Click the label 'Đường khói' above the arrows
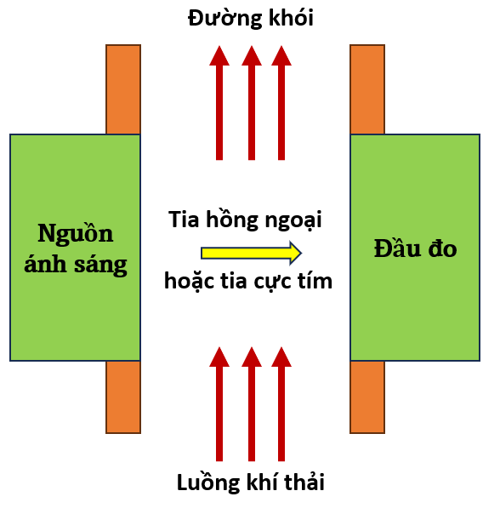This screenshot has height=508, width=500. click(250, 19)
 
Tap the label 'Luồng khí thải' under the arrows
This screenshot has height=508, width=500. click(251, 482)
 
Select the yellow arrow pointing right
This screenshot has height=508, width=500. click(252, 253)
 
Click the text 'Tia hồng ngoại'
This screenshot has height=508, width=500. click(245, 220)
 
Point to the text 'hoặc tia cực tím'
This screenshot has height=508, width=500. click(248, 280)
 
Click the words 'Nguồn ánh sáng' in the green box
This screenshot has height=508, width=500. click(76, 248)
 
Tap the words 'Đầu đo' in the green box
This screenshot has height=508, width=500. click(415, 248)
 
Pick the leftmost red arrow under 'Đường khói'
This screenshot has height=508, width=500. click(219, 103)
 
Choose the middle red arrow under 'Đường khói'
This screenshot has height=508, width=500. click(252, 103)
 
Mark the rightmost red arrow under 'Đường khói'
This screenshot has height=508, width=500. click(281, 103)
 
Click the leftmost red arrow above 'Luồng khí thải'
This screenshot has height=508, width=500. click(219, 404)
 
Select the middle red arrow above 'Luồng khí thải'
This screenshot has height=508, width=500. click(252, 404)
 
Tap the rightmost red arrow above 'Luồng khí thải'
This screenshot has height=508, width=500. click(281, 404)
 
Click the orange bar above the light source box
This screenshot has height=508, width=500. click(123, 89)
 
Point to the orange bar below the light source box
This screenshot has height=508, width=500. click(123, 397)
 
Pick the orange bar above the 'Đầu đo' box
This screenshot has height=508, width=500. click(367, 89)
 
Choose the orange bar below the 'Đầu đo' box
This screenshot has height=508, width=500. click(367, 397)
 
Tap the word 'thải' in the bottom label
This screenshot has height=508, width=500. click(304, 482)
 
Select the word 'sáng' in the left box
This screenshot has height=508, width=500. click(100, 265)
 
